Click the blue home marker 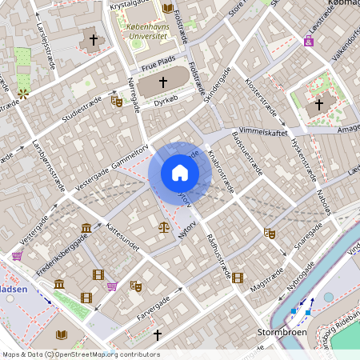(x=180, y=173)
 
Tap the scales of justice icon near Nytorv (x=165, y=227)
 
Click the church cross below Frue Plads (x=163, y=83)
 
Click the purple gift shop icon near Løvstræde (x=308, y=41)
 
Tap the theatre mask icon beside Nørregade (x=118, y=102)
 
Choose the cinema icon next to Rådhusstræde (x=237, y=278)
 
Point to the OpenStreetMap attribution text (x=80, y=354)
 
